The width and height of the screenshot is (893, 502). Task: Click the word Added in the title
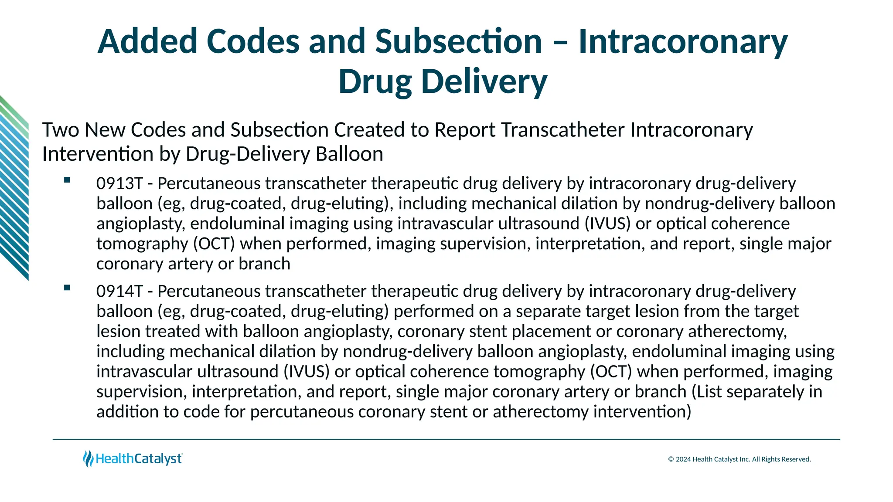pos(147,41)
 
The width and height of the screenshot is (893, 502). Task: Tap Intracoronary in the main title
pos(683,41)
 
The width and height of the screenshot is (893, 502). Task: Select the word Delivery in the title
pos(484,81)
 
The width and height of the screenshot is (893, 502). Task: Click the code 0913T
pos(119,183)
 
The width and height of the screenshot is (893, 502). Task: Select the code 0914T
pos(119,291)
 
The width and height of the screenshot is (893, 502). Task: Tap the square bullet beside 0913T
pos(67,180)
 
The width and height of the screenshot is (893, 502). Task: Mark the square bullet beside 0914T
pos(67,288)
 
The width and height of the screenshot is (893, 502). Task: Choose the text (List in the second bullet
pos(707,391)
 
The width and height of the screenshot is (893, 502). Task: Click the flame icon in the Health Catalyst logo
pos(88,458)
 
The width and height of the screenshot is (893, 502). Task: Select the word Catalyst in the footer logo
pos(158,459)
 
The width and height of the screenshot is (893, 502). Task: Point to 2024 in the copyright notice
pos(683,459)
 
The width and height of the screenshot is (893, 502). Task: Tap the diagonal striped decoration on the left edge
pos(14,187)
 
